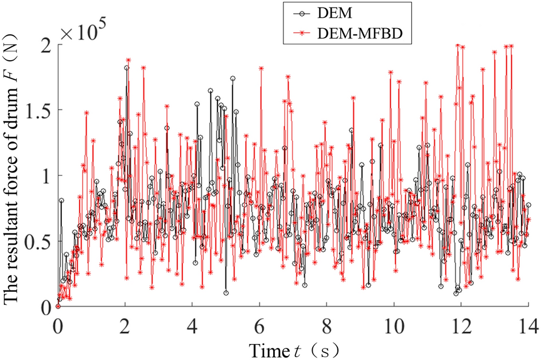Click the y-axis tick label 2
coord(46,45)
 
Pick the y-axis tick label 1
coord(46,176)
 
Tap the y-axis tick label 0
coord(46,307)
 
